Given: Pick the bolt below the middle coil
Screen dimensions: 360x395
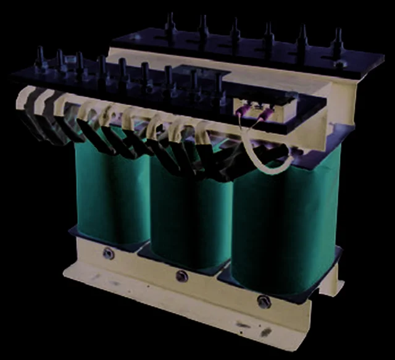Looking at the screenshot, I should point(181,275).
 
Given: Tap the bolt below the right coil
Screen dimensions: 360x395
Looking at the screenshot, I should point(264,301).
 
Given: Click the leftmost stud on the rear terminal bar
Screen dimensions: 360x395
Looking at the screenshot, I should point(170,26).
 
